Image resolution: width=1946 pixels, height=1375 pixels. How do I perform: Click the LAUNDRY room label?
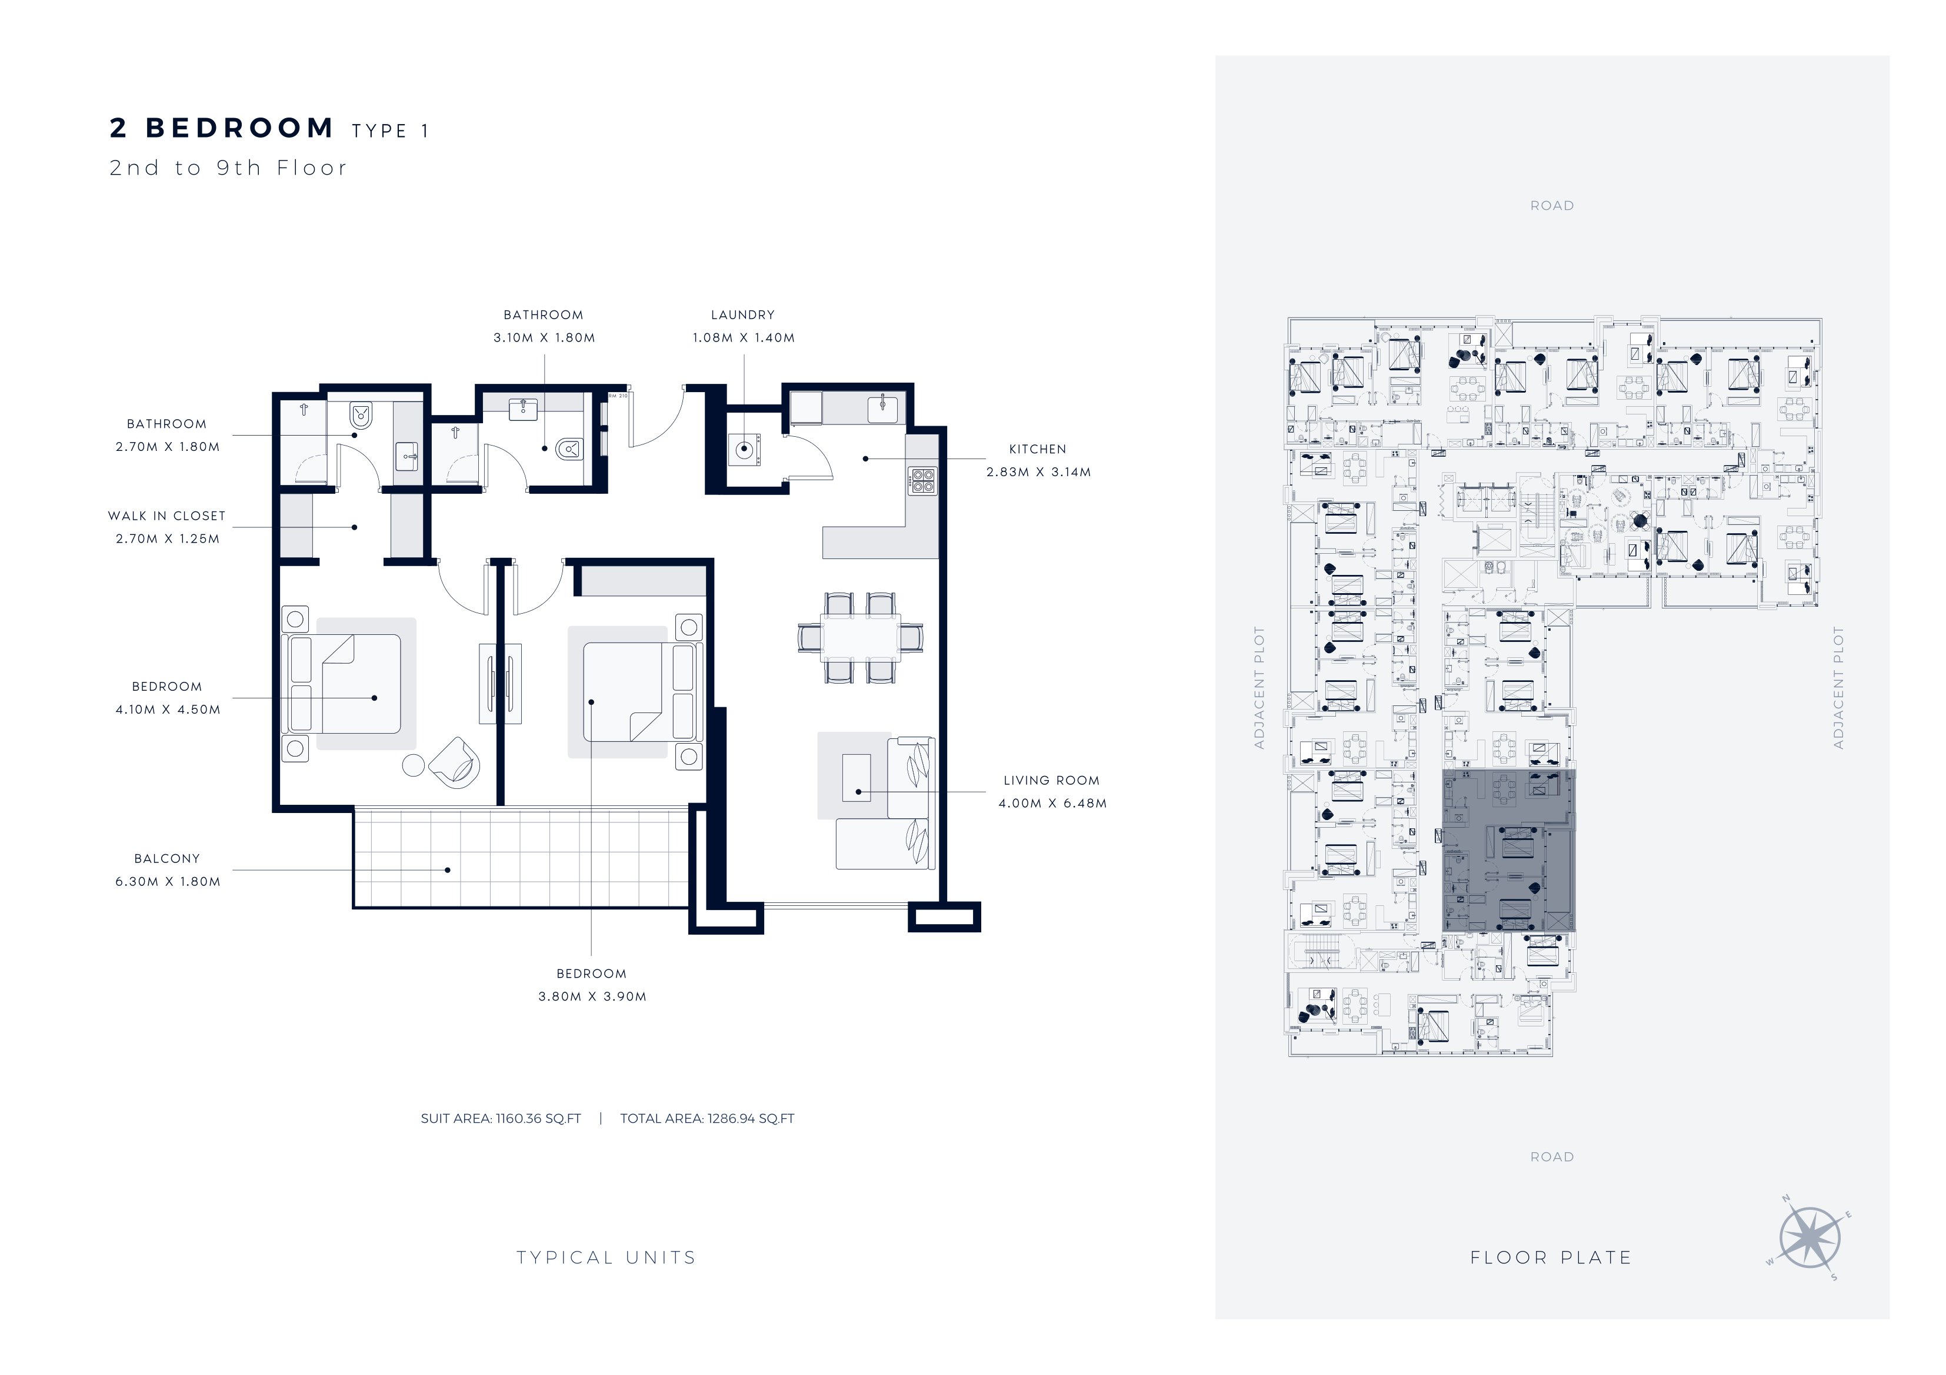tap(742, 315)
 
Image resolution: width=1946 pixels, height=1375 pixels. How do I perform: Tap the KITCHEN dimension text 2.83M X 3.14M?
tap(1038, 472)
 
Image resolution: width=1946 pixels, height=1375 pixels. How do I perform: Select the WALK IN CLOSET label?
tap(167, 516)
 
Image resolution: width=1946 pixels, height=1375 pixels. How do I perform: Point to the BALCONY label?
tap(167, 858)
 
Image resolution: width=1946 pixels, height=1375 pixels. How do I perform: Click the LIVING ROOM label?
tap(1052, 780)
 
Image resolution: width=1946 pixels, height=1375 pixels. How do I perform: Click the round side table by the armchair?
tap(413, 765)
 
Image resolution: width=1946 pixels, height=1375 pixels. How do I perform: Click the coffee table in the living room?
tap(856, 778)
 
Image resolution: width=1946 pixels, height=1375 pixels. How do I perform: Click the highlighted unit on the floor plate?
tap(1509, 851)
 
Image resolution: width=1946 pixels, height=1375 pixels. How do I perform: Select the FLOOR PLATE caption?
tap(1551, 1258)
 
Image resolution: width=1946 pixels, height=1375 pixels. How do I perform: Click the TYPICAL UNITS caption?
tap(606, 1258)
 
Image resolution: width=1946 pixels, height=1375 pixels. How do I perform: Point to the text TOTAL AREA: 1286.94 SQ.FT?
tap(707, 1118)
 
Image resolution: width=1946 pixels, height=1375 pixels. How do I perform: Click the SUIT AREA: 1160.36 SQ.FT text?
tap(501, 1118)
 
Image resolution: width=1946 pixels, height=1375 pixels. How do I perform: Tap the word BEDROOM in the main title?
tap(240, 128)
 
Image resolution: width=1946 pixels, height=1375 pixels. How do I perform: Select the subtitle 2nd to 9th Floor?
tap(228, 168)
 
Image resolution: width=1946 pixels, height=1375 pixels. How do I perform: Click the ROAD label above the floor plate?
tap(1552, 206)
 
